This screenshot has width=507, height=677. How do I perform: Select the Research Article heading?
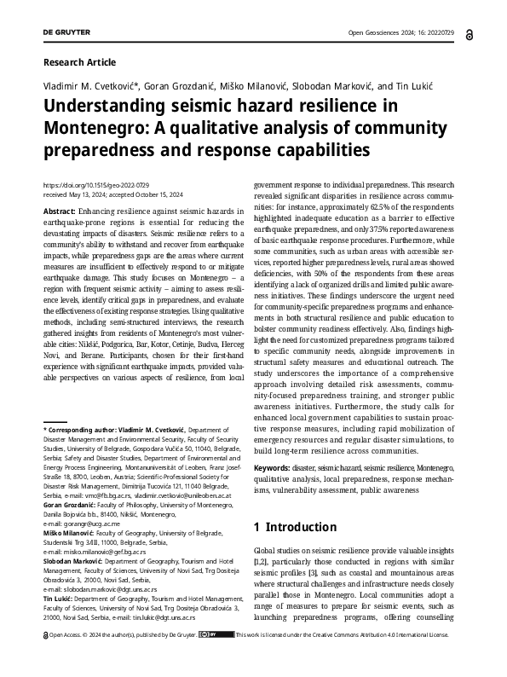pos(78,62)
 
